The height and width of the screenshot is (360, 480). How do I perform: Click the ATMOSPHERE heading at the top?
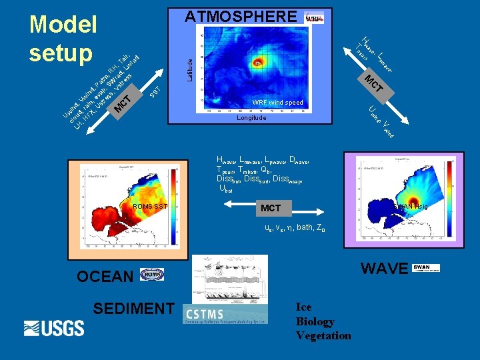pyautogui.click(x=241, y=16)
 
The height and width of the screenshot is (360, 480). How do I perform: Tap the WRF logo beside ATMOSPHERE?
pyautogui.click(x=314, y=18)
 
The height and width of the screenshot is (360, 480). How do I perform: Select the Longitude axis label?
pyautogui.click(x=251, y=118)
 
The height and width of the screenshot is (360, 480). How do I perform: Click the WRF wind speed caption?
pyautogui.click(x=277, y=103)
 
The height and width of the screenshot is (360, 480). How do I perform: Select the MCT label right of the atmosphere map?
pyautogui.click(x=373, y=83)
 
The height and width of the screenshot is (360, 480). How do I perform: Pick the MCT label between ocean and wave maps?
pyautogui.click(x=271, y=208)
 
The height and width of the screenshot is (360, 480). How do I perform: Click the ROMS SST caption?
pyautogui.click(x=150, y=207)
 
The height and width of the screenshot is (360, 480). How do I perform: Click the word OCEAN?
pyautogui.click(x=105, y=276)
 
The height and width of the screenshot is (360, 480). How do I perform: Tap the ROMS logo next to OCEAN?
pyautogui.click(x=152, y=275)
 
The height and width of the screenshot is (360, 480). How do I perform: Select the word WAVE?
pyautogui.click(x=384, y=268)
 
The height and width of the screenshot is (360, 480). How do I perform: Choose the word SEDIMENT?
pyautogui.click(x=133, y=308)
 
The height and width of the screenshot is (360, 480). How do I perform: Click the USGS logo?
pyautogui.click(x=54, y=328)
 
